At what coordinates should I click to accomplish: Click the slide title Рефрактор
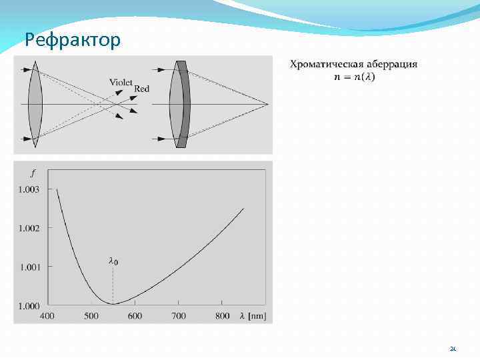click(x=73, y=41)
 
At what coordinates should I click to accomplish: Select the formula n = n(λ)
click(x=355, y=77)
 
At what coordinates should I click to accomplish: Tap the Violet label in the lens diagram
click(x=121, y=82)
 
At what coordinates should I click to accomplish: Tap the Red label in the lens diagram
click(x=141, y=89)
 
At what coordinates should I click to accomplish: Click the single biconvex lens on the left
click(x=35, y=105)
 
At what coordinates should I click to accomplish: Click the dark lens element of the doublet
click(x=183, y=105)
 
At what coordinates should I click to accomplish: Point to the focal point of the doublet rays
click(x=268, y=105)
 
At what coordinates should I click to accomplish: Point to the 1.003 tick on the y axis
click(x=29, y=189)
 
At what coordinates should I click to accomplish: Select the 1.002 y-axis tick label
click(x=29, y=228)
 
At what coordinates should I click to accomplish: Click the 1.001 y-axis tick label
click(x=29, y=267)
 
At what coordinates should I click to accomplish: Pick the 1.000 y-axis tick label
click(x=29, y=305)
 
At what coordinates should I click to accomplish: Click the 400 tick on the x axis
click(x=47, y=315)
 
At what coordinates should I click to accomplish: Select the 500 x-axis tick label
click(x=91, y=315)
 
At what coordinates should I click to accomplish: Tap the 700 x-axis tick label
click(x=179, y=315)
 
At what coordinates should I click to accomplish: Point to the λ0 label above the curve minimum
click(x=113, y=262)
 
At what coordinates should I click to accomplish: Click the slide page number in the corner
click(x=453, y=349)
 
